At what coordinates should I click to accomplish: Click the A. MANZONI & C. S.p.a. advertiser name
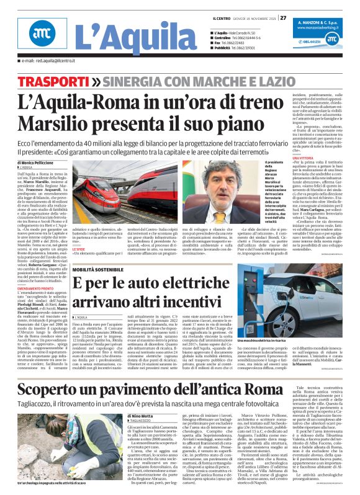pyautogui.click(x=314, y=20)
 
